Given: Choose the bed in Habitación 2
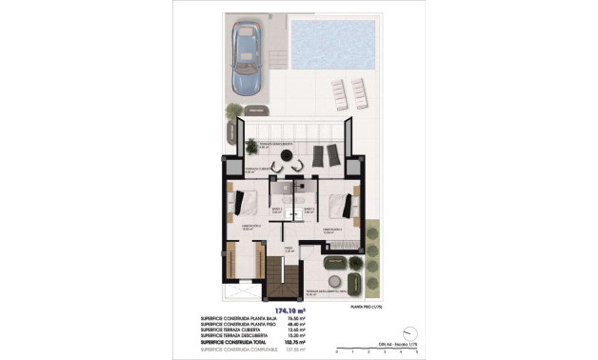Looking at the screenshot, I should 245,203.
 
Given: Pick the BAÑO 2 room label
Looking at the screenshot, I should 276,210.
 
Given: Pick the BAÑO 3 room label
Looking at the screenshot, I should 309,210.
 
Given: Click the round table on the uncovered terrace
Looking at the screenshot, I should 335,280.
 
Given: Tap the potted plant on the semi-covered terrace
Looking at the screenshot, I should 252,146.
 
